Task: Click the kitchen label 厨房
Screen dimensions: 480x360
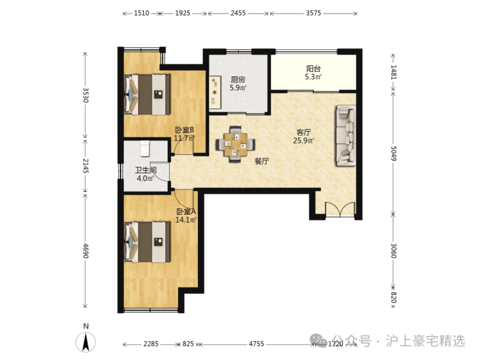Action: pos(238,80)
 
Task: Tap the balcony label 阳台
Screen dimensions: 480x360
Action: pos(313,69)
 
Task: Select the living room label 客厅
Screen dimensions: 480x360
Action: pos(304,132)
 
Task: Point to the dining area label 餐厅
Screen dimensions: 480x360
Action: pos(262,161)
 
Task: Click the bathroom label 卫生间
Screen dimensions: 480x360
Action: pos(146,170)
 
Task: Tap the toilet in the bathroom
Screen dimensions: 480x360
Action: pos(145,148)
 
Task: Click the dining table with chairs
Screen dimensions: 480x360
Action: pos(235,144)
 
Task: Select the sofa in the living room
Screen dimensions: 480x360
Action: pos(346,136)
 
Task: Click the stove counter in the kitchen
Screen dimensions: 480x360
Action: pos(215,92)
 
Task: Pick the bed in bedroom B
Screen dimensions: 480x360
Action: pos(147,95)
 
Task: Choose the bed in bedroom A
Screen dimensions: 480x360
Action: pos(147,242)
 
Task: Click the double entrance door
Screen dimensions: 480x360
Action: pos(340,210)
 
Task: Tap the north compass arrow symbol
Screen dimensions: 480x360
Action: pos(86,342)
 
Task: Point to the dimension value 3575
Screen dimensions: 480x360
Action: pos(313,13)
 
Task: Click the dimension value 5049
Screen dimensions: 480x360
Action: pos(393,153)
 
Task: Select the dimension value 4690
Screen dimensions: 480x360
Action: pos(86,250)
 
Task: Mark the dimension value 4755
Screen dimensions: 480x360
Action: pos(256,344)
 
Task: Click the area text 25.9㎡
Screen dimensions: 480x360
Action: pos(304,141)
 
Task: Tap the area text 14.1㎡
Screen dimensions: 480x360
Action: pos(186,219)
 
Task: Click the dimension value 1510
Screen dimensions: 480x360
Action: pos(142,13)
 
